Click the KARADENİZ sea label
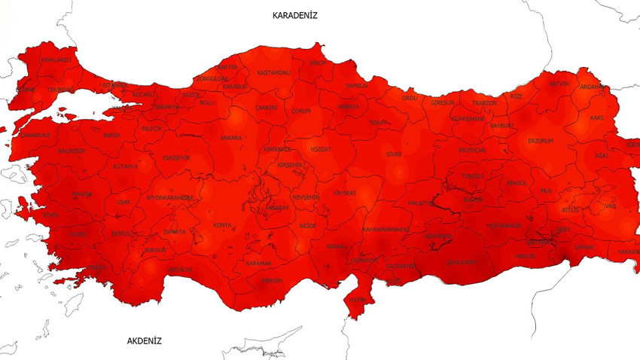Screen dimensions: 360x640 294,15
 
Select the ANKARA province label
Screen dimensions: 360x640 231,138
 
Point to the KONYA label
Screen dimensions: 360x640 223,225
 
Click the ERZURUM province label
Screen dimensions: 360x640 541,141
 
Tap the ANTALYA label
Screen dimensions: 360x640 180,269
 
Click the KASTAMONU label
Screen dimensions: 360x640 273,72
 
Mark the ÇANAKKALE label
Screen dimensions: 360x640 35,135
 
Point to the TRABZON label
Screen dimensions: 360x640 485,103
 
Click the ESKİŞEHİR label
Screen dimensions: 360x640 176,158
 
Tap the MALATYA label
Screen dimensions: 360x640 422,203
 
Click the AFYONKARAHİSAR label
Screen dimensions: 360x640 169,197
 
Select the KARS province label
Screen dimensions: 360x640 597,118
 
